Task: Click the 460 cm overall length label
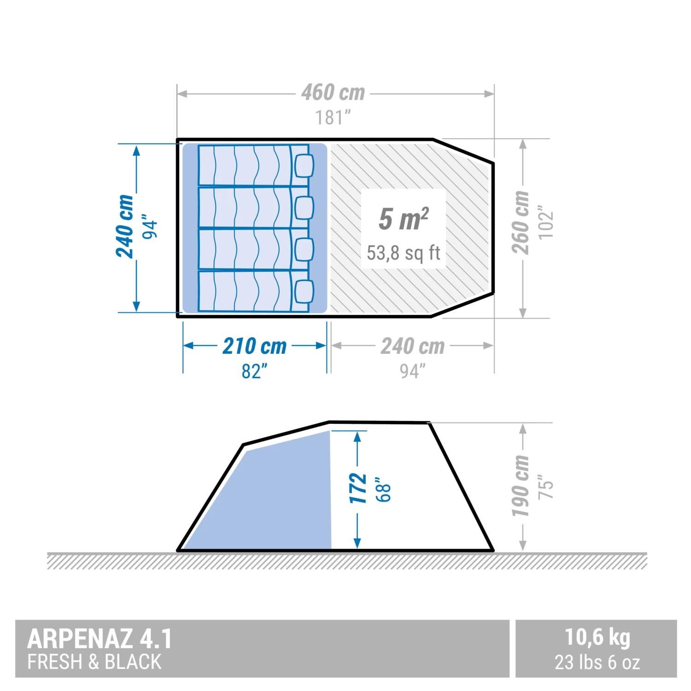(x=333, y=93)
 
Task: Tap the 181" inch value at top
(x=333, y=118)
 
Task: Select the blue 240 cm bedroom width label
(x=124, y=226)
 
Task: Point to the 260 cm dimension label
(x=521, y=223)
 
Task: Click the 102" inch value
(x=546, y=223)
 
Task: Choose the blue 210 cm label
(x=254, y=346)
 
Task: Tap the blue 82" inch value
(x=254, y=371)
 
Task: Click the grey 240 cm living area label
(x=412, y=346)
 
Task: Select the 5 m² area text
(x=404, y=219)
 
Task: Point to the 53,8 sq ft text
(x=404, y=253)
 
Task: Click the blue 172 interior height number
(x=358, y=488)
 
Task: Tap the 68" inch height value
(x=383, y=489)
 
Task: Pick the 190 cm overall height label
(x=521, y=486)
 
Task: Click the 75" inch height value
(x=546, y=487)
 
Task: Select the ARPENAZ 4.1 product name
(x=100, y=639)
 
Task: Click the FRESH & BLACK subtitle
(x=94, y=662)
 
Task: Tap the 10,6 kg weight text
(x=597, y=638)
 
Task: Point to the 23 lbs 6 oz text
(x=597, y=662)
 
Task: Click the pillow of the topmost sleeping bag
(x=304, y=165)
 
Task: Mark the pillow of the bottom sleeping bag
(x=304, y=292)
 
